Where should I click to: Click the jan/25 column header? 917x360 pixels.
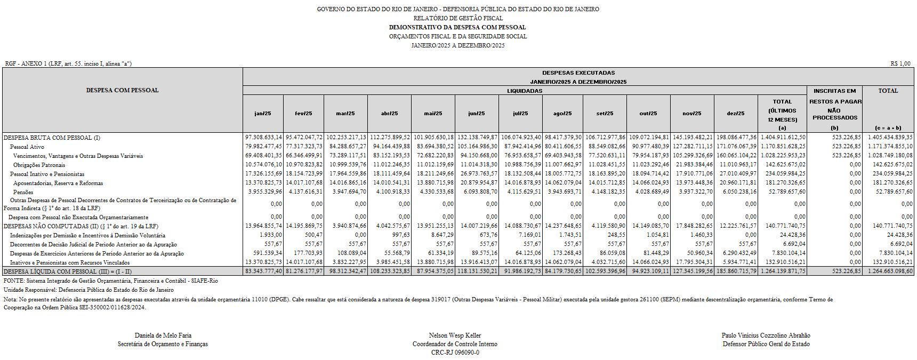click(x=263, y=114)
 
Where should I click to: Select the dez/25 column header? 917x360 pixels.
click(x=736, y=114)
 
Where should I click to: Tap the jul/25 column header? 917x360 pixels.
click(x=520, y=114)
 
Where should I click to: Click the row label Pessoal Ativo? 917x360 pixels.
click(x=27, y=147)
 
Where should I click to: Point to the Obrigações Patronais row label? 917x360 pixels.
click(x=39, y=165)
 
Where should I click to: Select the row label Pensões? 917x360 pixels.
click(x=23, y=192)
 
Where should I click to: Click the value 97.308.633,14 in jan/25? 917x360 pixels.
click(x=263, y=138)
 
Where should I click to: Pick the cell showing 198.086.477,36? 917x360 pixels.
click(x=736, y=138)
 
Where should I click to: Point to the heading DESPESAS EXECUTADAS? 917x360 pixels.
click(x=578, y=73)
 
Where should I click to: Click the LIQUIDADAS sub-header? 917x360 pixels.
click(x=525, y=91)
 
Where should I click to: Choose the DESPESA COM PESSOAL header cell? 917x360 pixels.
click(x=122, y=91)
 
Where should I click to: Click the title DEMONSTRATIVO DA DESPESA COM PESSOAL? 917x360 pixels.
click(x=457, y=27)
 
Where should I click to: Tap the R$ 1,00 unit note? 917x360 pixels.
click(x=900, y=63)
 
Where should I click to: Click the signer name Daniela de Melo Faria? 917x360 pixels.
click(x=163, y=335)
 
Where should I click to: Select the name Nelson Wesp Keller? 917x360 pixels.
click(x=455, y=335)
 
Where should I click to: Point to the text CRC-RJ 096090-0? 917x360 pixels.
click(x=455, y=353)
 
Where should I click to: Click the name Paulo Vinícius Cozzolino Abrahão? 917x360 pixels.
click(x=766, y=335)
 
